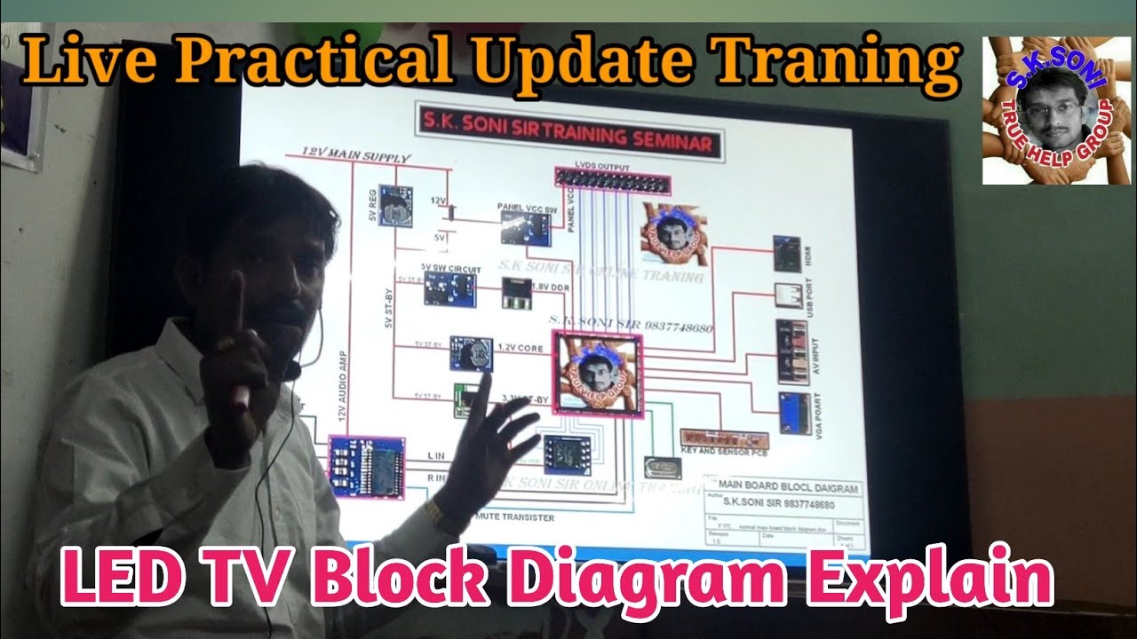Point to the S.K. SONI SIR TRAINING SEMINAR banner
pyautogui.click(x=569, y=142)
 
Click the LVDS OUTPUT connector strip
pyautogui.click(x=613, y=181)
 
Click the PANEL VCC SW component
pyautogui.click(x=525, y=228)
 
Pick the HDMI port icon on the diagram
pyautogui.click(x=786, y=253)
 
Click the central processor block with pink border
pyautogui.click(x=596, y=373)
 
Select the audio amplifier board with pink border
pyautogui.click(x=366, y=466)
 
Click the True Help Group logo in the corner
pyautogui.click(x=1055, y=111)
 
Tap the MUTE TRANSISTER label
pyautogui.click(x=515, y=517)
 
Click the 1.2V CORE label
pyautogui.click(x=521, y=347)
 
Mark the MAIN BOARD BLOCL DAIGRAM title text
pyautogui.click(x=788, y=487)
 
